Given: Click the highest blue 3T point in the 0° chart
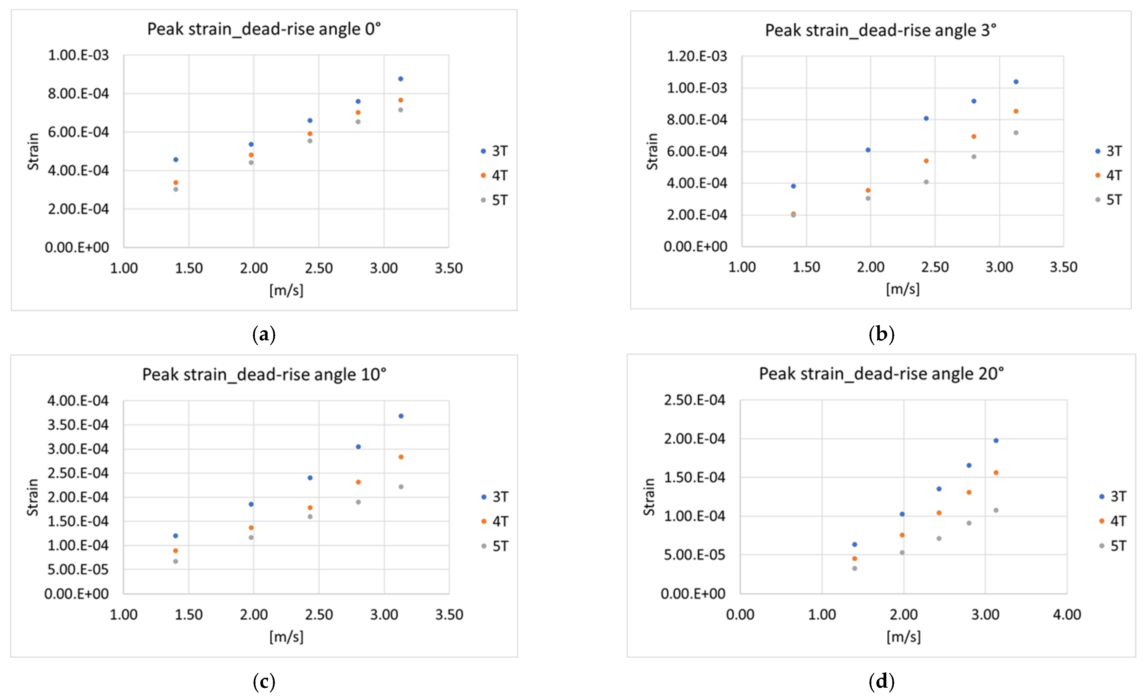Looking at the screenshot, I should [400, 79].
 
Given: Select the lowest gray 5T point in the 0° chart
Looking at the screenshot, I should [176, 189].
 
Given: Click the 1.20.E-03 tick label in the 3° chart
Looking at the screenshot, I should [696, 56].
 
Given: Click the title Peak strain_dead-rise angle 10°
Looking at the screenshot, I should [264, 374].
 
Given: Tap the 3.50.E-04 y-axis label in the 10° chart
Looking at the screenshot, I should [78, 425].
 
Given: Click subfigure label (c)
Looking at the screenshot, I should [264, 682].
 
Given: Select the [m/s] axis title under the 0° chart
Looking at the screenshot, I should [286, 290].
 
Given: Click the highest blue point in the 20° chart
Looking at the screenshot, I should [996, 440].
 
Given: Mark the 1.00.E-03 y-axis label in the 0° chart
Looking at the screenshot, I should [78, 55].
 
